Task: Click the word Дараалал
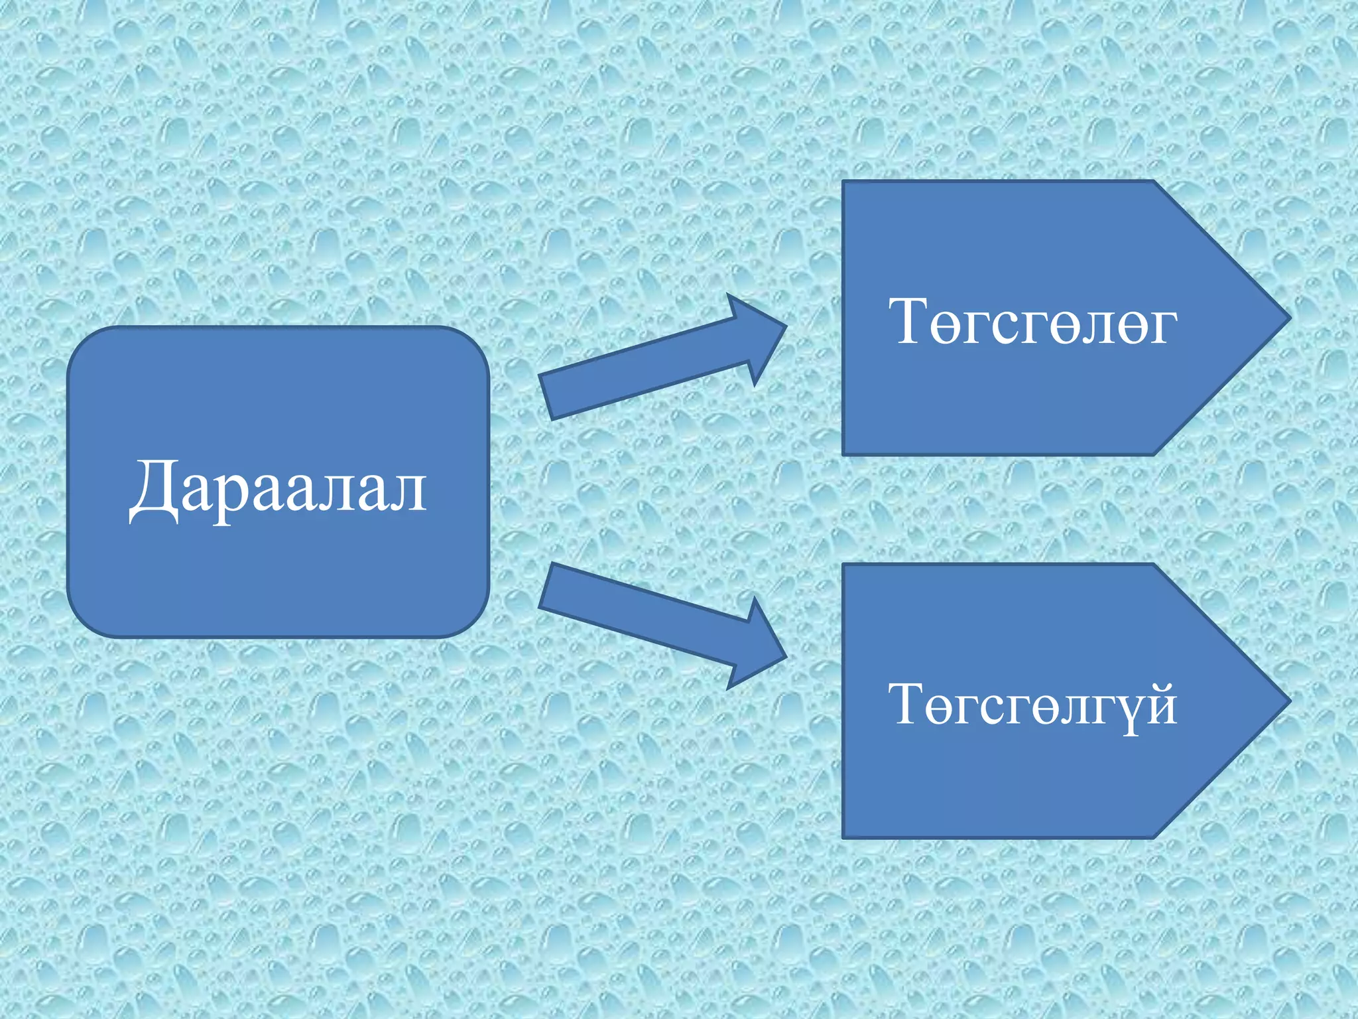[278, 488]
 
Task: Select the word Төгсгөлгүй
[1032, 705]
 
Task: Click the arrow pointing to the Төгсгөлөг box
[656, 358]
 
